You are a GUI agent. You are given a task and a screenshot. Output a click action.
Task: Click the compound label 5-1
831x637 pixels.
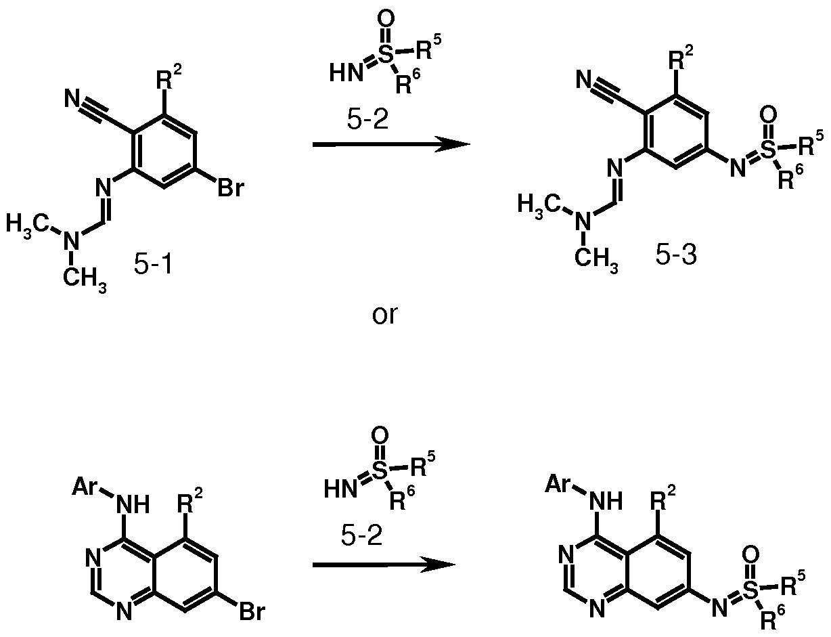click(x=154, y=264)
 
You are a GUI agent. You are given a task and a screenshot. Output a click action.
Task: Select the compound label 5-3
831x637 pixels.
click(x=676, y=255)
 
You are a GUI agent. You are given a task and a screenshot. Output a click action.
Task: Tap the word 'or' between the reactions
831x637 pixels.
click(x=385, y=315)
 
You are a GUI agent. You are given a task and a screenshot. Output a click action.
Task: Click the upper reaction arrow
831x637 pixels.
click(x=391, y=144)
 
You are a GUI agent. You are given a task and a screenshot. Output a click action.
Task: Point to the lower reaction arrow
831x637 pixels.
click(x=384, y=565)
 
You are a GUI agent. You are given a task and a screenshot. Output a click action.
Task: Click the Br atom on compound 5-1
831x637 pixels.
click(x=231, y=188)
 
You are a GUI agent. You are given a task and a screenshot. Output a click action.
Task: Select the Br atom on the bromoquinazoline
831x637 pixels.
click(x=252, y=611)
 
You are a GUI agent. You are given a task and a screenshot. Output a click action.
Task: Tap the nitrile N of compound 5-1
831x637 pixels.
click(x=72, y=98)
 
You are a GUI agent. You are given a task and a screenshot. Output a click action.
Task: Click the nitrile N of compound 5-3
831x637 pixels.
click(x=584, y=80)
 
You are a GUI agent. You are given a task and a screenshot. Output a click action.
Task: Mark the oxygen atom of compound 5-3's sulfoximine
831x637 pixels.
click(x=768, y=114)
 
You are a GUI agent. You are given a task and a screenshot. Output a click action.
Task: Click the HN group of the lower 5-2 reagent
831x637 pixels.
click(x=341, y=489)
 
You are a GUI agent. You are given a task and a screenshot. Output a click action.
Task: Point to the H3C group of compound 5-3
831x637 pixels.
click(x=539, y=204)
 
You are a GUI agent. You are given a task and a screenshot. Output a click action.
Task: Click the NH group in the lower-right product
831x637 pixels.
click(x=606, y=501)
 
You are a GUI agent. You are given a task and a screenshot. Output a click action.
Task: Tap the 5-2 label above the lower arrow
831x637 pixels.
click(x=361, y=535)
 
